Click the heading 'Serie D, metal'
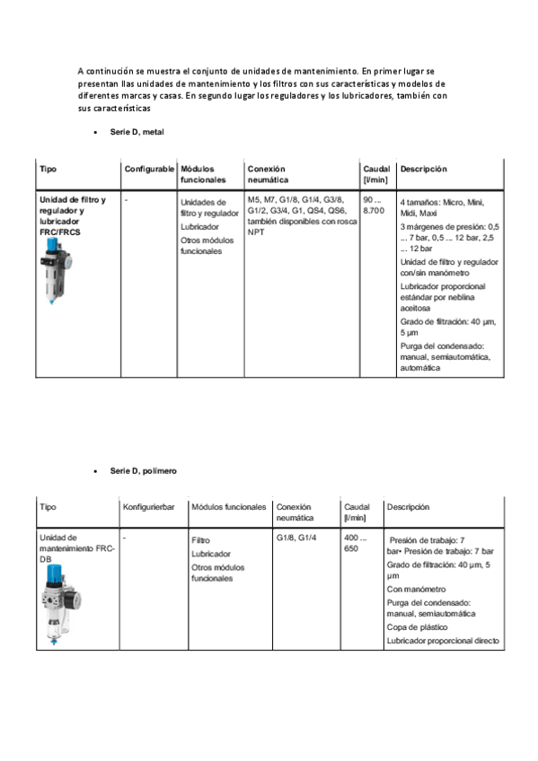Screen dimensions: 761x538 point(137,132)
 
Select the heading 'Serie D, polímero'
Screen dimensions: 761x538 point(143,470)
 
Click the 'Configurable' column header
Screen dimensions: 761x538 point(149,169)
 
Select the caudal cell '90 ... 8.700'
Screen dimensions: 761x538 point(373,204)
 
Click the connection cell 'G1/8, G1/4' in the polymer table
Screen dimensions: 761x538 point(296,538)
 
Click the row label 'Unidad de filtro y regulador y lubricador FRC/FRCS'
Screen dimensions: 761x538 point(72,215)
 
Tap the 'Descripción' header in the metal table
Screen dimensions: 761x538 point(423,169)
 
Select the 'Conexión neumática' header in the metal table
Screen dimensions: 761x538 point(267,174)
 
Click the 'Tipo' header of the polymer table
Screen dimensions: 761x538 point(48,507)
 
